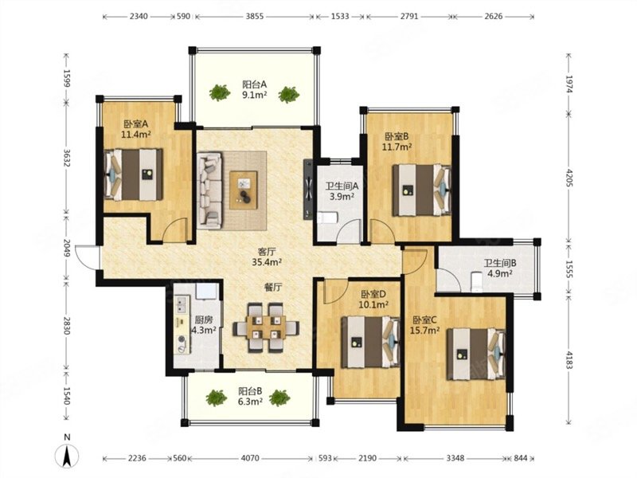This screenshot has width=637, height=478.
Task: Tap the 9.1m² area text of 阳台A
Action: click(255, 95)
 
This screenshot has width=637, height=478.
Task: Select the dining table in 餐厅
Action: click(266, 327)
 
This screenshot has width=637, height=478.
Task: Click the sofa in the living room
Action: click(209, 190)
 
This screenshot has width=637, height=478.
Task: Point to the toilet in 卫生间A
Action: click(327, 217)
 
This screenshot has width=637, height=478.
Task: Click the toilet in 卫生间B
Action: click(475, 282)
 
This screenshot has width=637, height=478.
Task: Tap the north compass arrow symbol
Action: click(68, 455)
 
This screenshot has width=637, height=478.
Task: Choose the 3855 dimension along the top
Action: click(255, 17)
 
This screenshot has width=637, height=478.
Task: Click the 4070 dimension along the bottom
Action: click(250, 459)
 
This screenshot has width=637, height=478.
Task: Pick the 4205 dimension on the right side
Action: click(569, 178)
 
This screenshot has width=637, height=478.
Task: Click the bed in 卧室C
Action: click(476, 354)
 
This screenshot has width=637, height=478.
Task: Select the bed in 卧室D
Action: click(370, 342)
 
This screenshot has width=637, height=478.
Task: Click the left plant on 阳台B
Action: click(216, 398)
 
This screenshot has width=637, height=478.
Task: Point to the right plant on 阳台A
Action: click(289, 94)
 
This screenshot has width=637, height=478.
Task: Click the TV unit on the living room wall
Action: click(308, 190)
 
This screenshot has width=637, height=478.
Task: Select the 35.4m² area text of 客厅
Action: click(267, 263)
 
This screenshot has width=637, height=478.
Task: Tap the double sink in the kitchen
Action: click(181, 305)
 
